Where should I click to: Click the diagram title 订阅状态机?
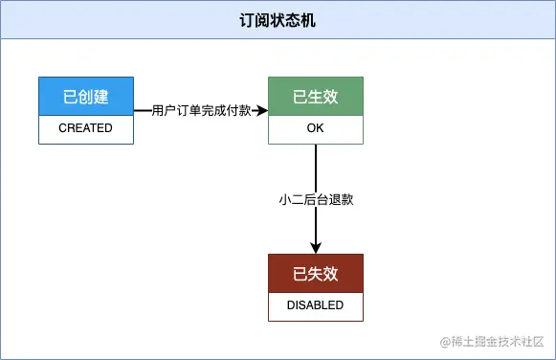278,20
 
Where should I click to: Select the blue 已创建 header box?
86,97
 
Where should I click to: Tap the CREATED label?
86,128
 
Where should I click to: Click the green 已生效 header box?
316,97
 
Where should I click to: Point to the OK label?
316,128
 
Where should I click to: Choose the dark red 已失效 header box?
316,274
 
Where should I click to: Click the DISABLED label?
316,305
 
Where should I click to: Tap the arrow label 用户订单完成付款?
202,111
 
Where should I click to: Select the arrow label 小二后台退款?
316,199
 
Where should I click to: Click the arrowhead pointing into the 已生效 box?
262,111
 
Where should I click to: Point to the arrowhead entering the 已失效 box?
316,248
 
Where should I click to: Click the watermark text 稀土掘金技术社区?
498,342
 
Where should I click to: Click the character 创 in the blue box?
86,97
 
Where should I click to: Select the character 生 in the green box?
316,97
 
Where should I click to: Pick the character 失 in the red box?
316,274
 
